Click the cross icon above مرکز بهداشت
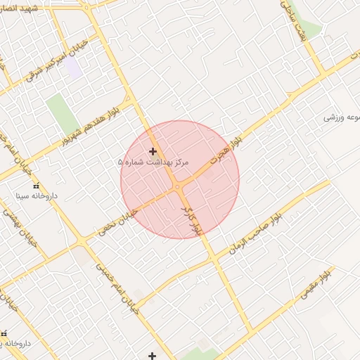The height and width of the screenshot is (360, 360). click(x=153, y=151)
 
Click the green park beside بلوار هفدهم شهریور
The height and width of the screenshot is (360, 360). click(x=63, y=112)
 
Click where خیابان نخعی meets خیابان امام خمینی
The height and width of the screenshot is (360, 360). click(x=83, y=241)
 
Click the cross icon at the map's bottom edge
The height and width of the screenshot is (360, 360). click(x=152, y=356)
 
